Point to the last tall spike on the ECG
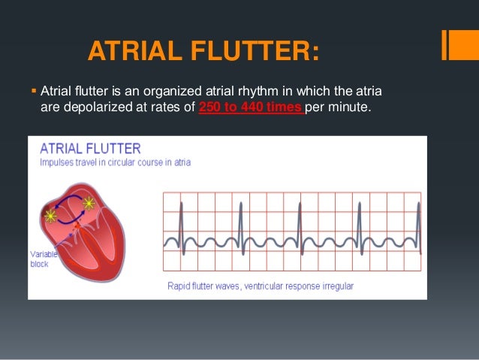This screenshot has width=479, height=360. click(420, 222)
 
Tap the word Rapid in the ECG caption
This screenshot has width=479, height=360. click(179, 286)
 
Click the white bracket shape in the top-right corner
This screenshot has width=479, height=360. click(454, 45)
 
